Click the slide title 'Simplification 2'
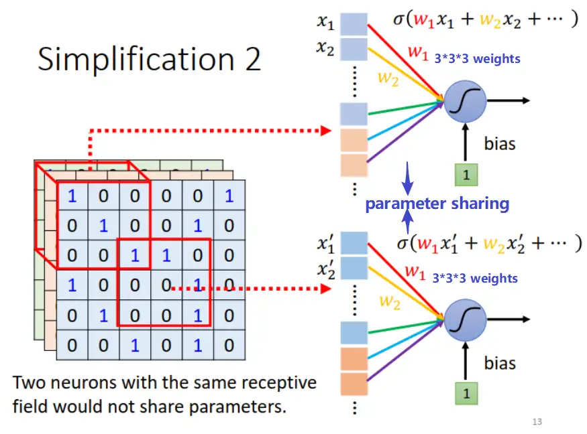(149, 59)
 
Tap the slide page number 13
(536, 421)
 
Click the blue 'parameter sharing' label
(437, 204)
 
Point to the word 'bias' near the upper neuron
(500, 143)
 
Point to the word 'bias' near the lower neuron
(500, 364)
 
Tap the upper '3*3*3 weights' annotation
(477, 59)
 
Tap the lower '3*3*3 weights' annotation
(475, 277)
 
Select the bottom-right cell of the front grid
(229, 345)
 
